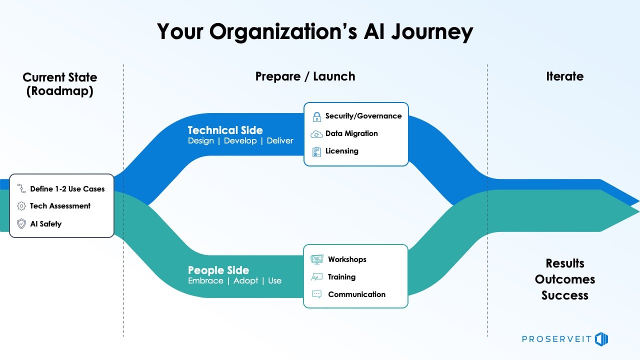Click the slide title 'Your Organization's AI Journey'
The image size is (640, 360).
[315, 31]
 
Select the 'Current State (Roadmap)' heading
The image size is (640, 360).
[60, 84]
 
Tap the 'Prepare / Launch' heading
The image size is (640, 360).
[305, 76]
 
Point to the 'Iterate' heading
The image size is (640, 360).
[564, 76]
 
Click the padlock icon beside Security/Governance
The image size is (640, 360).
[316, 116]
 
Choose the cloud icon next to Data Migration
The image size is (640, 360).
[316, 134]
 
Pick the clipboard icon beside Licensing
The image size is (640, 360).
[316, 151]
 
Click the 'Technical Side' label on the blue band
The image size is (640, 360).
[225, 130]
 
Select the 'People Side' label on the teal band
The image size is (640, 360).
[218, 270]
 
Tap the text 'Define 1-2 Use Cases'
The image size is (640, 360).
[67, 189]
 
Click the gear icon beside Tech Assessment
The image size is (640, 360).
[21, 206]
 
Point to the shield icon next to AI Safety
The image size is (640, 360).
[21, 224]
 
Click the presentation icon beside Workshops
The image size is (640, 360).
[316, 259]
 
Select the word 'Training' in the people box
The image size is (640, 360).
[341, 277]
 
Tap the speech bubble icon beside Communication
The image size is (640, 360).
[316, 294]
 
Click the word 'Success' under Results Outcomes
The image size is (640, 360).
[564, 295]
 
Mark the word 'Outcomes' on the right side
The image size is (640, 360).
[564, 279]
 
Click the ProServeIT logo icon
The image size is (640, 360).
[601, 339]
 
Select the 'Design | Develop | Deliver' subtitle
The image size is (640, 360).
[240, 141]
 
